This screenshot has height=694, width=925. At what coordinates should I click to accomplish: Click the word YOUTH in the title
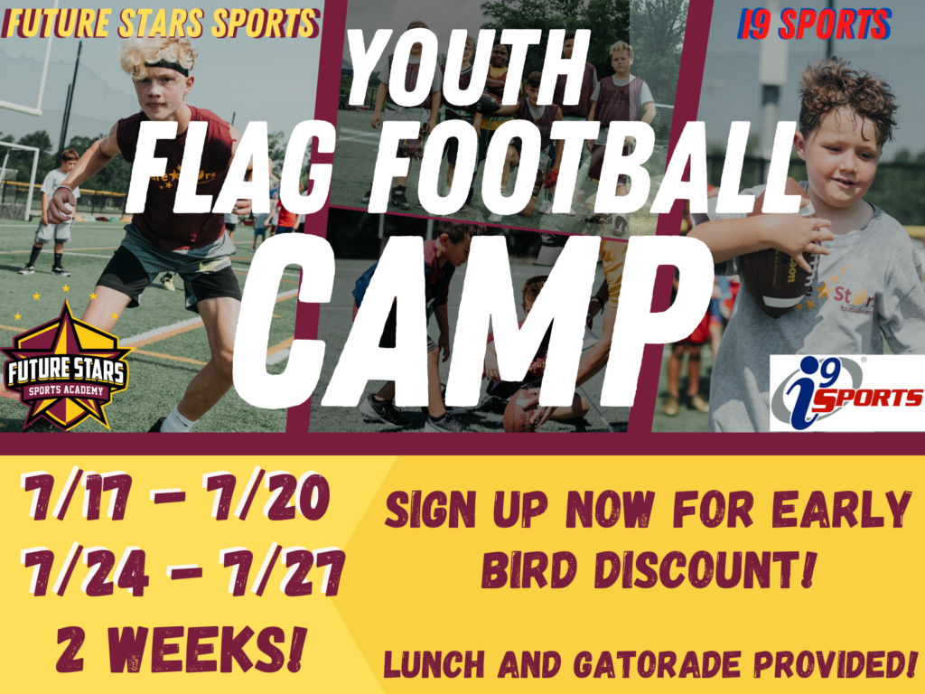469,67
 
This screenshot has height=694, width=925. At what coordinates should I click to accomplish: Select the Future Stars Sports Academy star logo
66,366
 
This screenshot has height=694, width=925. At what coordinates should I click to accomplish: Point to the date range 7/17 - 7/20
174,497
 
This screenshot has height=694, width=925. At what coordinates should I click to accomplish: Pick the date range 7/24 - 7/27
182,571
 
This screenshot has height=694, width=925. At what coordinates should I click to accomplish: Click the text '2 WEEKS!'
181,649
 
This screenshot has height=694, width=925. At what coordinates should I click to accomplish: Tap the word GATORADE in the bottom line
658,664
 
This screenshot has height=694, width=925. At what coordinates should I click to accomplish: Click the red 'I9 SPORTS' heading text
814,23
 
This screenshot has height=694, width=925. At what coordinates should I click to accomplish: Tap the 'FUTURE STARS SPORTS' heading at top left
161,23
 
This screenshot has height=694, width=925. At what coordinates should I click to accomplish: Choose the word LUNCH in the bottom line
434,664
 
